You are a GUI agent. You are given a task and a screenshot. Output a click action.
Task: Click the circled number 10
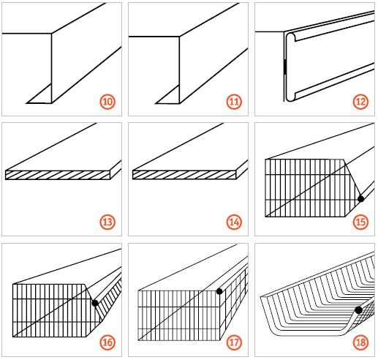click(107, 102)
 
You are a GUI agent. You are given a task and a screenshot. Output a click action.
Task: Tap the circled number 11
click(234, 102)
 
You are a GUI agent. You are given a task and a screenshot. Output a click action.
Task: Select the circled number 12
click(360, 102)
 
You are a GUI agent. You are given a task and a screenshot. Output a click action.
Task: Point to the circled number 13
click(107, 222)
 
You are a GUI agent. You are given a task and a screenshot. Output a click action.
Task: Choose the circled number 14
click(234, 222)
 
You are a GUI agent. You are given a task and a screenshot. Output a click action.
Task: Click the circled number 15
click(360, 222)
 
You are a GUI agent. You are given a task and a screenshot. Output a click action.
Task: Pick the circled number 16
click(107, 342)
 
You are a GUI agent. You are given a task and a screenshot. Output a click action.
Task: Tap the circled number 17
click(234, 342)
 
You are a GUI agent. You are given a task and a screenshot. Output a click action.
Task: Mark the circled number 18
click(360, 342)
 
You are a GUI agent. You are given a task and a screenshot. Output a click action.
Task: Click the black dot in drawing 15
click(360, 199)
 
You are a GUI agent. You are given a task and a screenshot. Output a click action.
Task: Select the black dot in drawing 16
click(95, 303)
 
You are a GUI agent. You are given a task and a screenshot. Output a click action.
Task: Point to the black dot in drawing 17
click(219, 291)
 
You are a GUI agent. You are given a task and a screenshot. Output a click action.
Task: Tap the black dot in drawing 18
click(358, 310)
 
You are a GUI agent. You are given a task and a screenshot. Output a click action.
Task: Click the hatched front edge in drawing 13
click(58, 175)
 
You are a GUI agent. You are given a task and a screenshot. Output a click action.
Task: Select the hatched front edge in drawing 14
click(184, 175)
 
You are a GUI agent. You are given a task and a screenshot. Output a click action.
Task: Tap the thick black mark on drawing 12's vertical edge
click(285, 67)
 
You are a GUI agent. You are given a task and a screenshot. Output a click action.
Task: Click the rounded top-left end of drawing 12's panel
click(291, 37)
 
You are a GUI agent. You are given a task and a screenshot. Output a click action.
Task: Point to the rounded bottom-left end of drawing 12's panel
click(290, 96)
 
